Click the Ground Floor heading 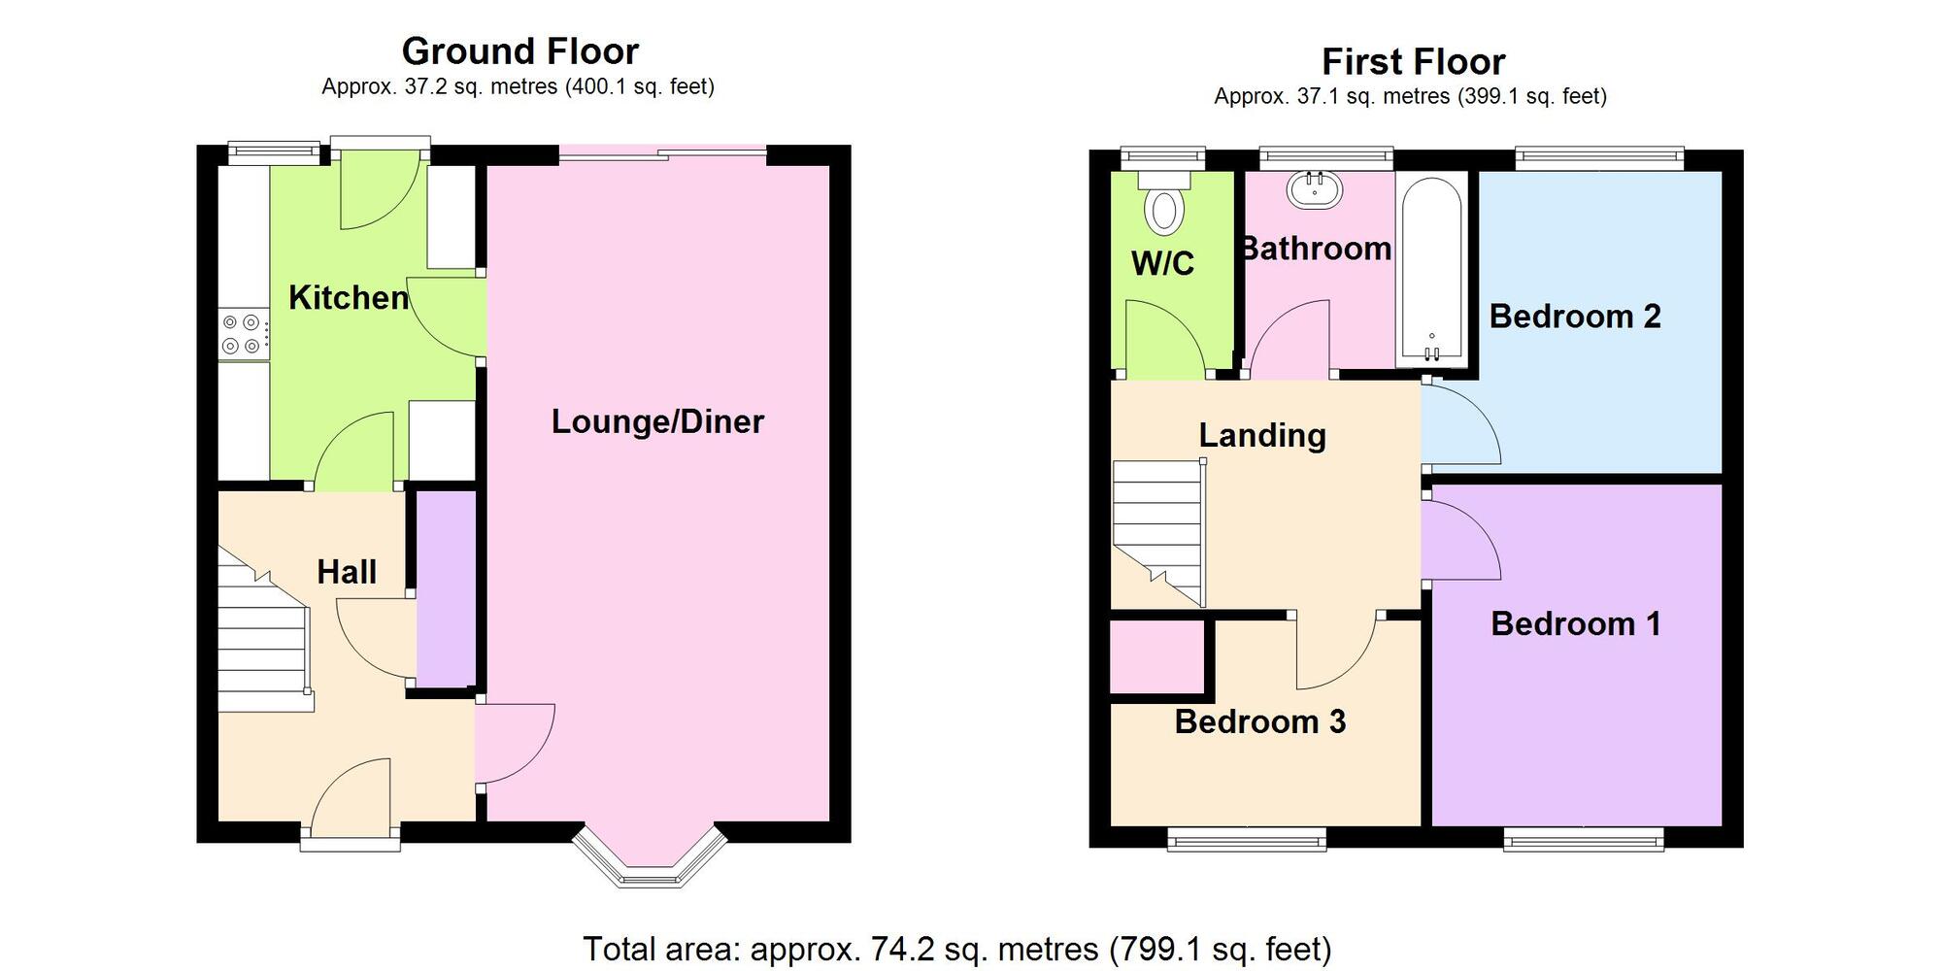519,50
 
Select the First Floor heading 1413,61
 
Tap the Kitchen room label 349,297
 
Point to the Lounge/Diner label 657,421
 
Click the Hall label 347,572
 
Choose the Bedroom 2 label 1575,317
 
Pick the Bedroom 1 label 1575,623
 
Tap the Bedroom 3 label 1259,721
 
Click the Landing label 1262,435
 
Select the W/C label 1162,263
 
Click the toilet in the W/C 1163,204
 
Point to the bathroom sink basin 1315,189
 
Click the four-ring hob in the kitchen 242,334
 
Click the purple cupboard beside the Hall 447,587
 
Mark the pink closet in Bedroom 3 1156,656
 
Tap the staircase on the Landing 1157,534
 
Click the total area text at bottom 956,949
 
